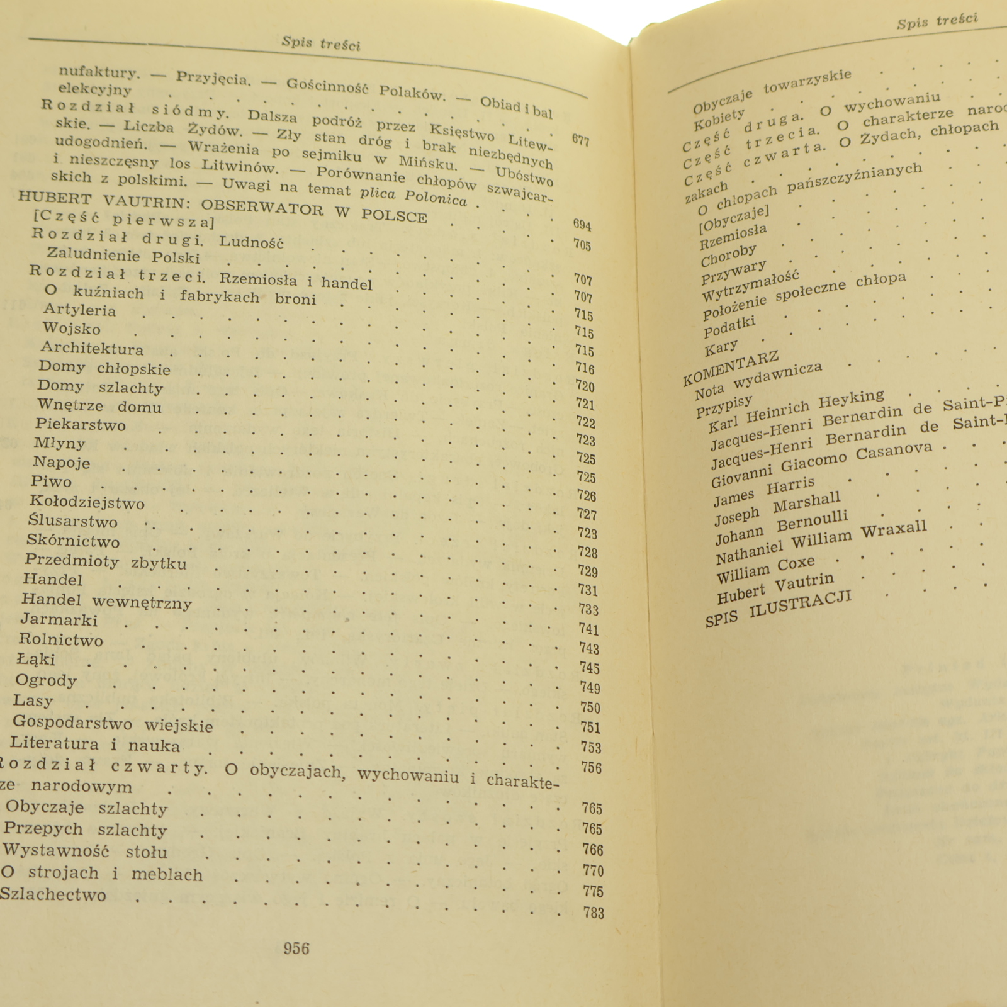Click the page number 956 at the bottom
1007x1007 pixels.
pos(296,948)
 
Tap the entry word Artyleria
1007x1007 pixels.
pos(79,310)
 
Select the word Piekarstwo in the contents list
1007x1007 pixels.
pos(80,424)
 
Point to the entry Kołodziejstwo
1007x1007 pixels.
pos(87,502)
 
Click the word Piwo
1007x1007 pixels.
pos(51,481)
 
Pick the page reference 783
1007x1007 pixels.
pos(593,913)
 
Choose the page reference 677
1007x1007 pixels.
pos(580,140)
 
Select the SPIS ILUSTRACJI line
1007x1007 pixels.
pos(778,609)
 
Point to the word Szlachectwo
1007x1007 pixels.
pos(53,894)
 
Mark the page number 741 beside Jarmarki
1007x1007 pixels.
pos(588,629)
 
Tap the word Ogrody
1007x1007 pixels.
pos(46,680)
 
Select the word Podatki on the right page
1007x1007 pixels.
pos(729,327)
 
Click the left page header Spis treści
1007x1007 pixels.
pos(321,43)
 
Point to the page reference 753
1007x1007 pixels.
pos(590,747)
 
